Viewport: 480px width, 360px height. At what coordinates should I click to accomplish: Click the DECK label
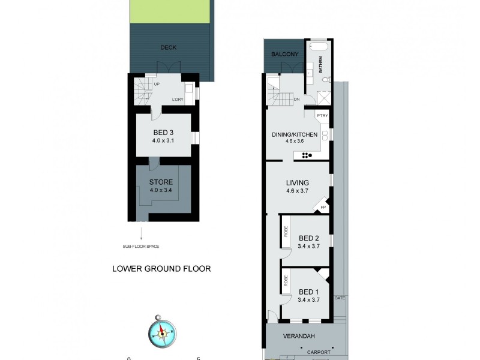coord(169,48)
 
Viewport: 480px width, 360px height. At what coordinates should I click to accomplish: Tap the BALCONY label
coord(284,55)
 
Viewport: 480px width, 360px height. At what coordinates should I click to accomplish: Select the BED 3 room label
coord(160,133)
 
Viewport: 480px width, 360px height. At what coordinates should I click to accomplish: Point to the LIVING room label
coord(297,183)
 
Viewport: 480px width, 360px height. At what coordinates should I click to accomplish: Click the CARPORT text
coord(318,352)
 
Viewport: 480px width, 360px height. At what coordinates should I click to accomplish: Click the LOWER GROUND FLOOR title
coord(161,269)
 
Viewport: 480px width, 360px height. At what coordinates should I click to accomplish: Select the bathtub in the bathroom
coord(318,46)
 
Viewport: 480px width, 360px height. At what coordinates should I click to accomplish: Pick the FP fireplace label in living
coord(323,208)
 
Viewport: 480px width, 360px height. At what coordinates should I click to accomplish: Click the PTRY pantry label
coord(322,115)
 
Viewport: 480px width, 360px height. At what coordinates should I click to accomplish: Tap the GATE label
coord(340,298)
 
